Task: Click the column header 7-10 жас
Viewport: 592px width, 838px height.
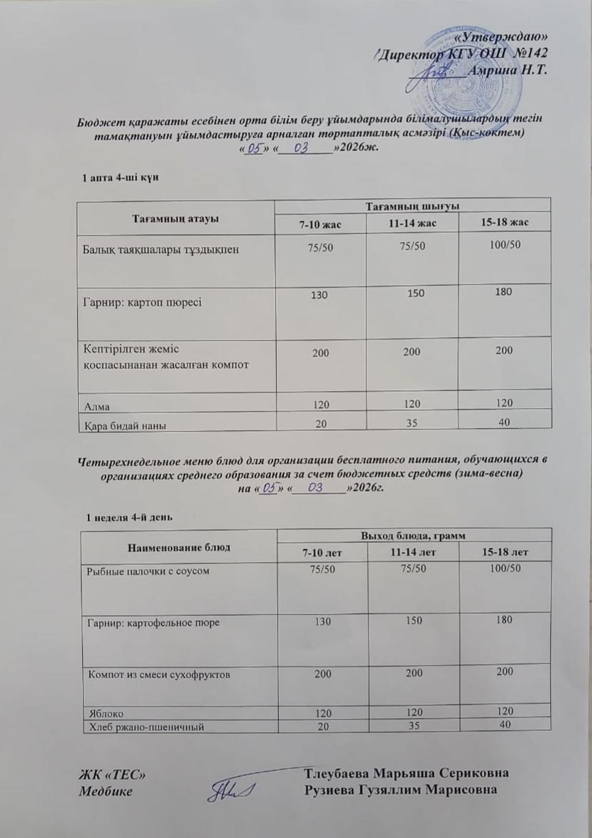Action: point(319,224)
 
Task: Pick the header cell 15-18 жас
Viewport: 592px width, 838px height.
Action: point(504,224)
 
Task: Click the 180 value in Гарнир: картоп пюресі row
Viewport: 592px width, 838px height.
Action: point(504,292)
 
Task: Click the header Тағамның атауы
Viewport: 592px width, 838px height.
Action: point(175,217)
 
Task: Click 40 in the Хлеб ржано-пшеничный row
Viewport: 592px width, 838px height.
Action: point(505,724)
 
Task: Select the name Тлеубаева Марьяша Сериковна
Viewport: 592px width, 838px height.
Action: point(405,773)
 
